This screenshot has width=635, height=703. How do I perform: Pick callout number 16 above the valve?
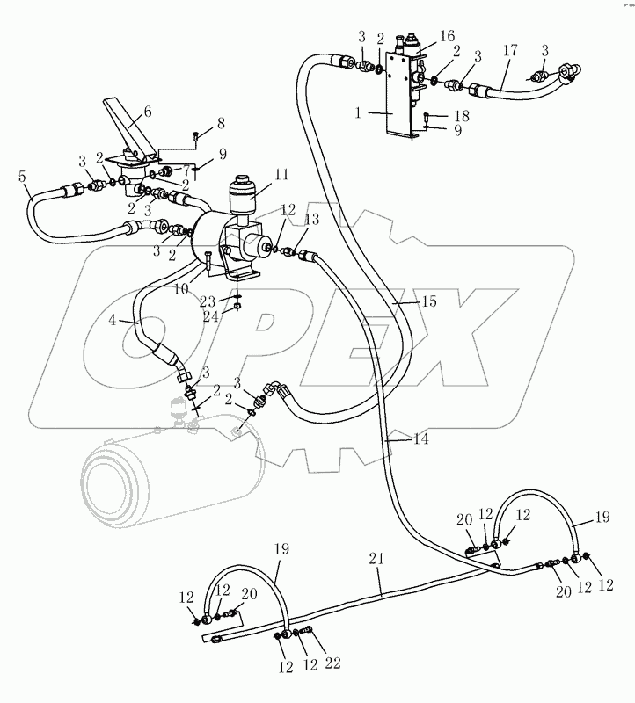448,36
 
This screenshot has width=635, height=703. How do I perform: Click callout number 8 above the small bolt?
220,122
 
